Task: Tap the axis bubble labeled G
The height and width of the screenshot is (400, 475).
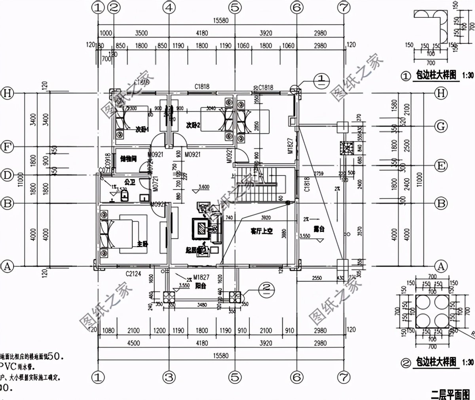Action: click(441, 126)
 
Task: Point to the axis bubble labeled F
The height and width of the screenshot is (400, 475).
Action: click(7, 147)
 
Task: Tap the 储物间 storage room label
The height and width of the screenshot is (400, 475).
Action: click(128, 159)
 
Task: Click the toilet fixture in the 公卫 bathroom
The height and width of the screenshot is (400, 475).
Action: click(124, 195)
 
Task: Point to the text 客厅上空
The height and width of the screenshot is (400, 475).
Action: click(262, 231)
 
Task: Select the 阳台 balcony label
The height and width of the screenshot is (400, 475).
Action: click(200, 287)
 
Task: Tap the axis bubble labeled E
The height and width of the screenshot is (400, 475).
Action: click(441, 165)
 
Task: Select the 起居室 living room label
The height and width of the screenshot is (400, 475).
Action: click(196, 250)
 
